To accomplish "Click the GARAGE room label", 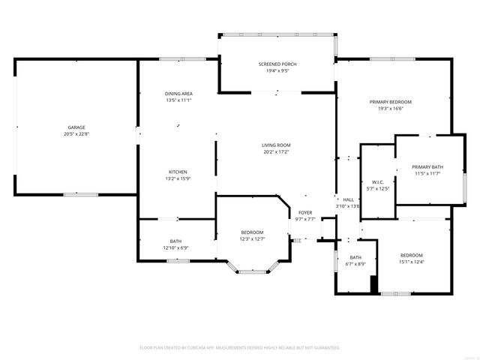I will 76,128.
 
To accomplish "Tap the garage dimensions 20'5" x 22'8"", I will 76,135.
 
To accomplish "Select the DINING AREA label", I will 178,94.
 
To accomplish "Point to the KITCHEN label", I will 178,172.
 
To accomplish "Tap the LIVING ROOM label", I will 276,145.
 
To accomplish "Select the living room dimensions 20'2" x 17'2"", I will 276,151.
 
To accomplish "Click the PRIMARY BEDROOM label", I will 390,102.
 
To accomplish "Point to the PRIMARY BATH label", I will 427,166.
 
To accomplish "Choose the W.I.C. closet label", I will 378,182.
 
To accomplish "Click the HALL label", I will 349,199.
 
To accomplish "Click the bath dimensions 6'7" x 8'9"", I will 355,263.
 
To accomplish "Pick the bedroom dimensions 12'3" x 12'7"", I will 252,239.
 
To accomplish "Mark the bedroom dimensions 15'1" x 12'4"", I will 411,262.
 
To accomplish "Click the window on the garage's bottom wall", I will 80,195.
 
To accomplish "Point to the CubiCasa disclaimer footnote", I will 240,348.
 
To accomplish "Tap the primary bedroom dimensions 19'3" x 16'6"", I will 390,109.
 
